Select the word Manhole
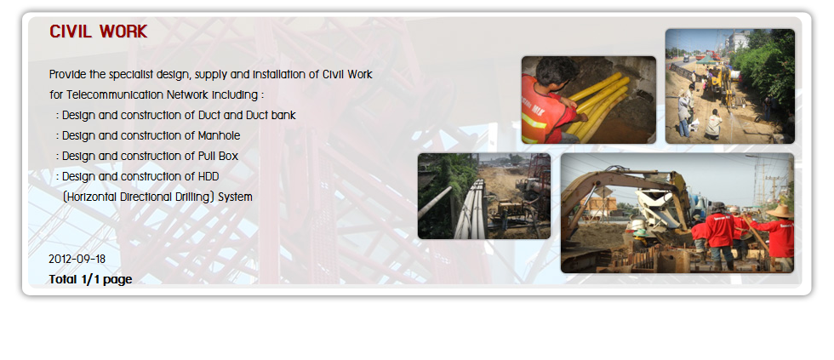pos(220,135)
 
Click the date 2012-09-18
pos(77,260)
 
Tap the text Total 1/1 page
pos(90,279)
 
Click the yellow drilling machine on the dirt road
pos(720,87)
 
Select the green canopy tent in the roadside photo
pos(708,60)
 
